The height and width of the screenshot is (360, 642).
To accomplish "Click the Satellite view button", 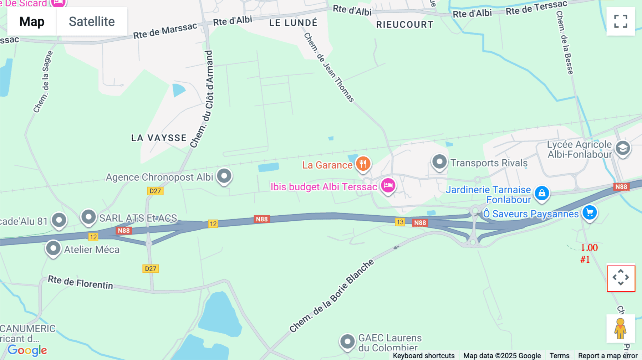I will pyautogui.click(x=92, y=21).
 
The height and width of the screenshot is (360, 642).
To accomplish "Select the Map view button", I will pyautogui.click(x=32, y=21).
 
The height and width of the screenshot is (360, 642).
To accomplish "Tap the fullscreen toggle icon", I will pyautogui.click(x=621, y=21).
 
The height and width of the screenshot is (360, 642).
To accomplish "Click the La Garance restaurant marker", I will pyautogui.click(x=363, y=164).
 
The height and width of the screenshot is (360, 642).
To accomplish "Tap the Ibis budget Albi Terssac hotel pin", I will pyautogui.click(x=388, y=185).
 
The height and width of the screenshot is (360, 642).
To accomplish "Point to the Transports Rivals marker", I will pyautogui.click(x=439, y=162).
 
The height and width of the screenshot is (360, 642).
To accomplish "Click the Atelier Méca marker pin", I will pyautogui.click(x=53, y=248).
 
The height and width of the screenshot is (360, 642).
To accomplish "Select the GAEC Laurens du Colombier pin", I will pyautogui.click(x=347, y=342).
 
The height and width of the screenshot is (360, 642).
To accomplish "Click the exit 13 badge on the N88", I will pyautogui.click(x=400, y=222).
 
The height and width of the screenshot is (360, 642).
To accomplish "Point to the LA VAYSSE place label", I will pyautogui.click(x=159, y=138).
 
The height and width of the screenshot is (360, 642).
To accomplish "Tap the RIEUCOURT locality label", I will pyautogui.click(x=405, y=25).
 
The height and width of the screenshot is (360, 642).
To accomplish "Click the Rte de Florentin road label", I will pyautogui.click(x=80, y=283).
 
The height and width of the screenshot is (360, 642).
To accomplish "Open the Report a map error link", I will pyautogui.click(x=608, y=355).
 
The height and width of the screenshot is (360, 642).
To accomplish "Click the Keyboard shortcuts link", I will pyautogui.click(x=424, y=355).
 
